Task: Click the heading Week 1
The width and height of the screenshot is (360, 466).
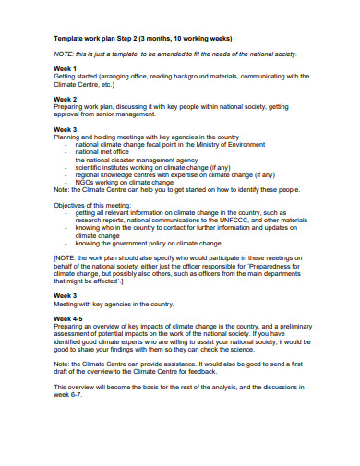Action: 64,67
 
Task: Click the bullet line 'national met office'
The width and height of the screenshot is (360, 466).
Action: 107,152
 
